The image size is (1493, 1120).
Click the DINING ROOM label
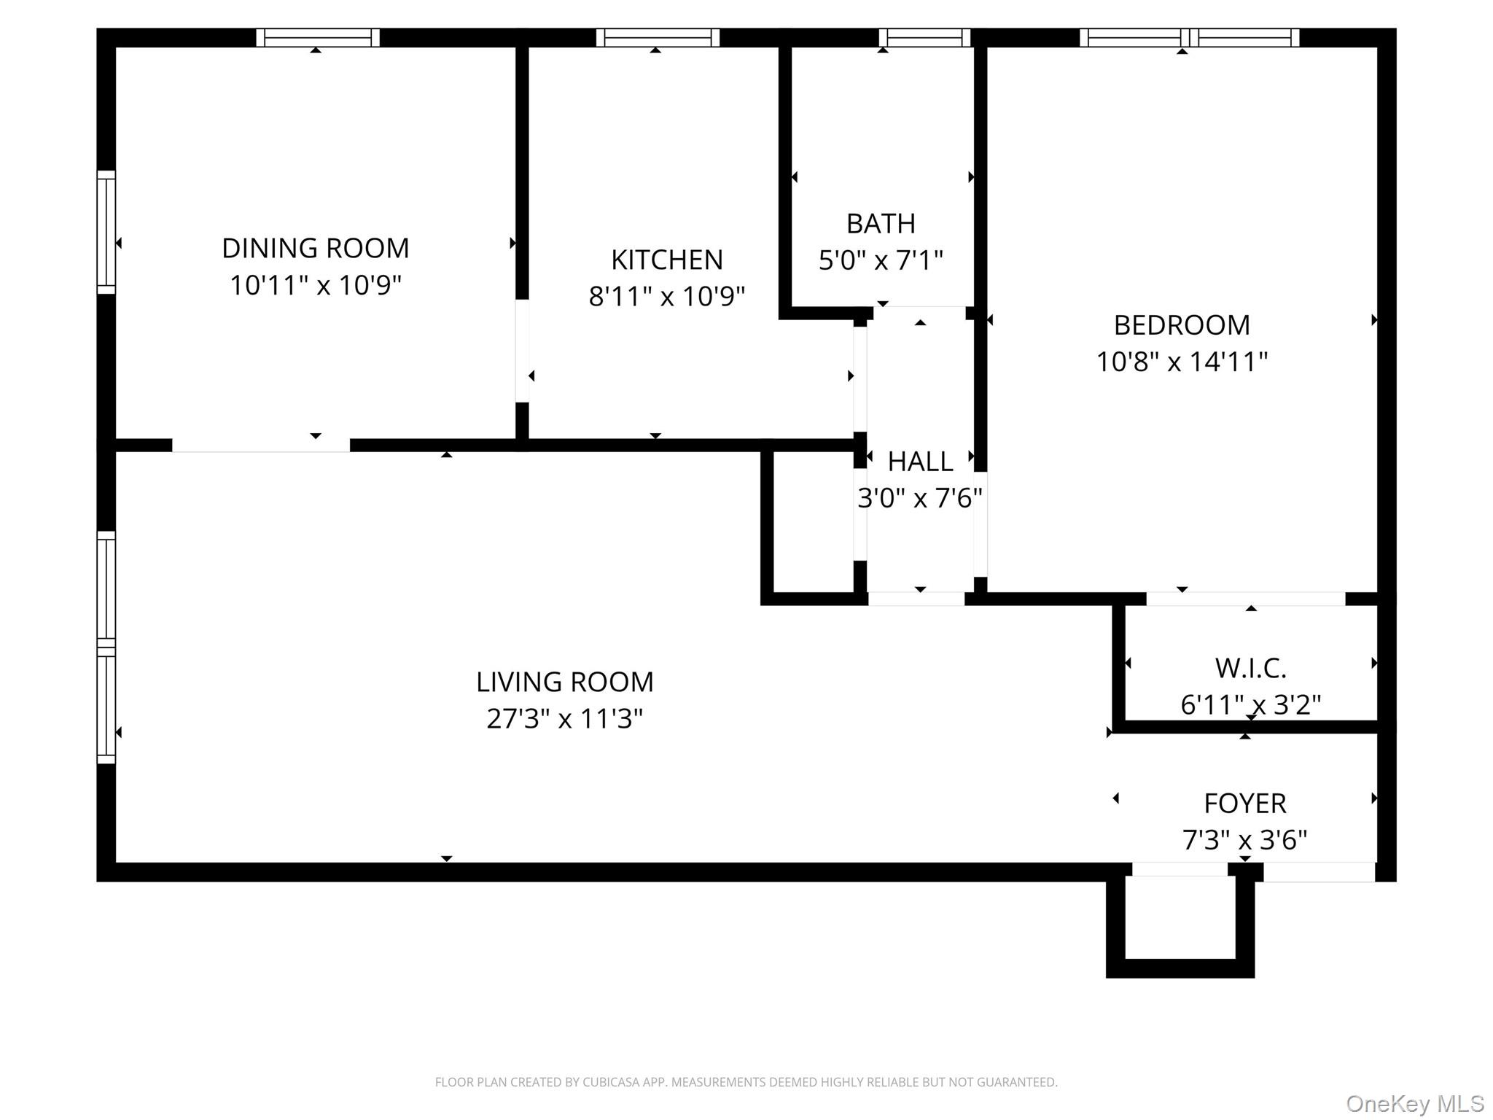[x=315, y=249]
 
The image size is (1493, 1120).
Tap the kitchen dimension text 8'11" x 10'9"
[x=666, y=297]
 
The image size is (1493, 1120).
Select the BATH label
[x=881, y=224]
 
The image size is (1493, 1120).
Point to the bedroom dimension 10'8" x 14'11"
[x=1182, y=362]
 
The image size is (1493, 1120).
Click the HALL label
[x=920, y=462]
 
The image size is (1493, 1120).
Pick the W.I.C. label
[x=1250, y=668]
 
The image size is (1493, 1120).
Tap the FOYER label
[x=1244, y=804]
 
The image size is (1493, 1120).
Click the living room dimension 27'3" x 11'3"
[x=564, y=719]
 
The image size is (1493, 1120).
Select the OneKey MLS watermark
[x=1414, y=1104]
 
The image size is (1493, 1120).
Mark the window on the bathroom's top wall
[x=924, y=38]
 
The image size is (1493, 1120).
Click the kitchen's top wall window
[x=658, y=38]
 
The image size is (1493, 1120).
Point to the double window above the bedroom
[x=1189, y=38]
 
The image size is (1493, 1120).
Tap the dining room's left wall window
[x=106, y=232]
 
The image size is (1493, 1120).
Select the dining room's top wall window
[x=318, y=38]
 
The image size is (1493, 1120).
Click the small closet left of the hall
[x=813, y=521]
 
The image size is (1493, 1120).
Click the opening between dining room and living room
[x=260, y=446]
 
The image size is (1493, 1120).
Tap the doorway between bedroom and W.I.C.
[x=1245, y=599]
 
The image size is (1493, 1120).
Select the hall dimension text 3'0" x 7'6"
[x=920, y=499]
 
